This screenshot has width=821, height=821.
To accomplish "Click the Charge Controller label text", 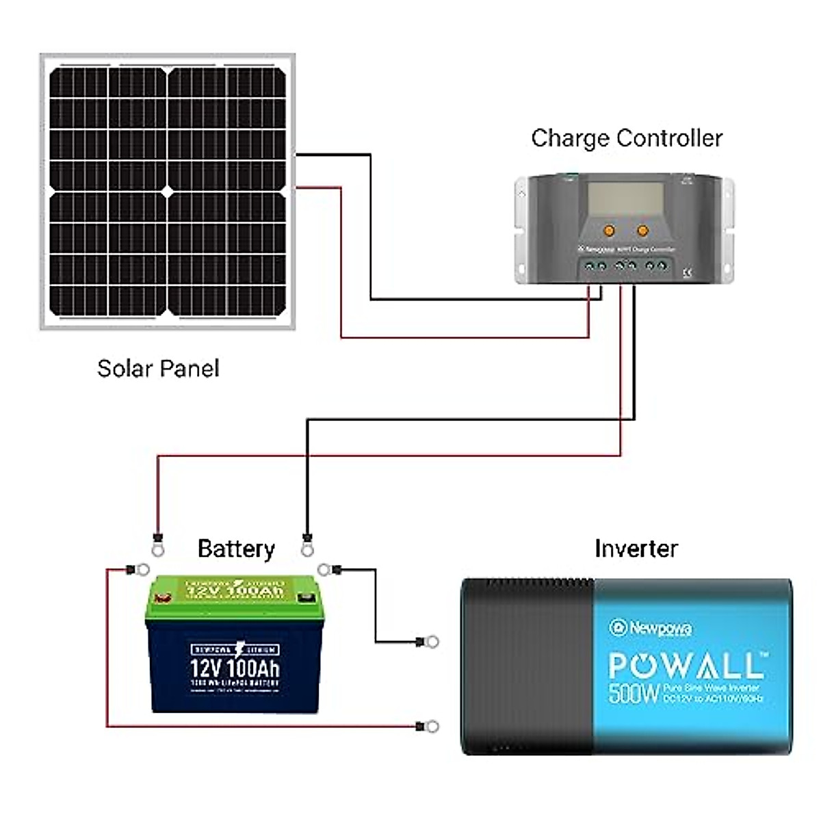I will pyautogui.click(x=626, y=138).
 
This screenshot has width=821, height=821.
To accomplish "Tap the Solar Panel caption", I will pyautogui.click(x=158, y=369).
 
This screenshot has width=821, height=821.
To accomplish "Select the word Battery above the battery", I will pyautogui.click(x=235, y=549).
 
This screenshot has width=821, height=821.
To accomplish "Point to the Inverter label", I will pyautogui.click(x=636, y=549).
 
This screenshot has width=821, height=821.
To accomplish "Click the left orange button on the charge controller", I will pyautogui.click(x=608, y=230).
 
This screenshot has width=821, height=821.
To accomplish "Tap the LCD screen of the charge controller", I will pyautogui.click(x=625, y=200).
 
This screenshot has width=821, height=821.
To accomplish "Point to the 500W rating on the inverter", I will pyautogui.click(x=634, y=693).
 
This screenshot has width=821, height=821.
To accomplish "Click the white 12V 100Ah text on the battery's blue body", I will pyautogui.click(x=235, y=668).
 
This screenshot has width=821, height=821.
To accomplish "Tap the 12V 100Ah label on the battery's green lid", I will pyautogui.click(x=235, y=590).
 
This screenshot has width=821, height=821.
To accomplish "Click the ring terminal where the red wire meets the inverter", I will pyautogui.click(x=432, y=726).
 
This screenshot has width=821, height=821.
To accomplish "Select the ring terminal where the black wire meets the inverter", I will pyautogui.click(x=432, y=642).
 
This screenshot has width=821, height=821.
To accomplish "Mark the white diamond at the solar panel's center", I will pyautogui.click(x=168, y=192).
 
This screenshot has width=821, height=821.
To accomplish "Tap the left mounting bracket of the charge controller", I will pyautogui.click(x=522, y=229).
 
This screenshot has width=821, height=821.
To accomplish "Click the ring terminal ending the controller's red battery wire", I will pyautogui.click(x=158, y=548).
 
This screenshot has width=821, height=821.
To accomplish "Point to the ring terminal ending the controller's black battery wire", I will pyautogui.click(x=307, y=548).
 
